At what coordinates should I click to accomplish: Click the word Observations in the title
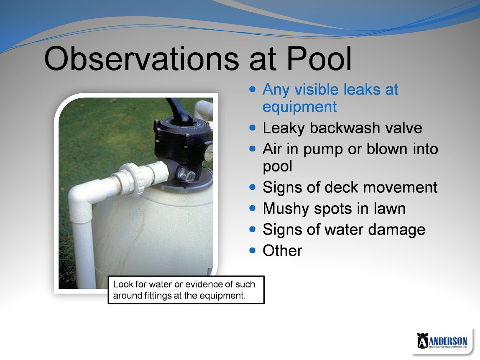click(141, 59)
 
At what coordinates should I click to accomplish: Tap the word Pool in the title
click(319, 59)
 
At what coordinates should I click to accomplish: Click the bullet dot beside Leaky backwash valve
click(252, 128)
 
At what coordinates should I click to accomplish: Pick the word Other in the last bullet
click(282, 250)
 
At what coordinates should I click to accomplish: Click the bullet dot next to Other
click(252, 250)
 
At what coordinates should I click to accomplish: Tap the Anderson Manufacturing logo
click(442, 341)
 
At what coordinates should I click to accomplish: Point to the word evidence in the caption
click(204, 284)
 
